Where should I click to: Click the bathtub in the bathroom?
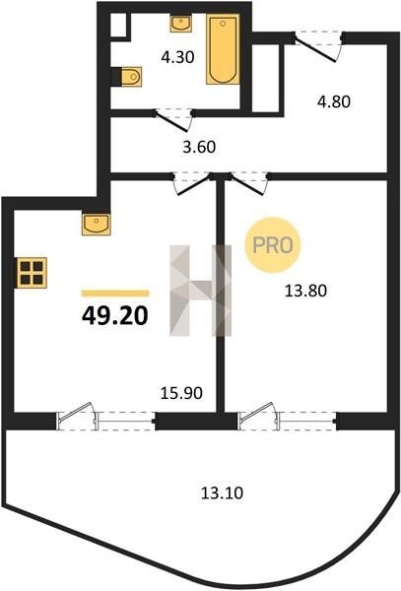coord(223,49)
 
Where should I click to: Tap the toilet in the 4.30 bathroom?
coord(129,77)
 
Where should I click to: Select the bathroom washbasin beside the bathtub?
coord(181,24)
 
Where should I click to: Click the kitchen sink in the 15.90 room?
coord(97,225)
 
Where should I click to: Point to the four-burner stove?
coord(32,273)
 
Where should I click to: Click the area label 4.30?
coord(177,57)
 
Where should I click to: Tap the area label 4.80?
coord(334,101)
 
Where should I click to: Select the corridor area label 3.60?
coord(199,147)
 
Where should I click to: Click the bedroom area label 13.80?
coord(305,291)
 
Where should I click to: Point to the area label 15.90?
coord(181,393)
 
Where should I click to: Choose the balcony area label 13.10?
coord(222,493)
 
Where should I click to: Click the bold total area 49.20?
coord(115,315)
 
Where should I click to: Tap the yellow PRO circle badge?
coord(273,245)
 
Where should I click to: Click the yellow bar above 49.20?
coord(115,294)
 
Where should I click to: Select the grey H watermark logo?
coord(201,291)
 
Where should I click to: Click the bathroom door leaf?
coord(171,121)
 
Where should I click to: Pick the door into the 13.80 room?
coord(246,185)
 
